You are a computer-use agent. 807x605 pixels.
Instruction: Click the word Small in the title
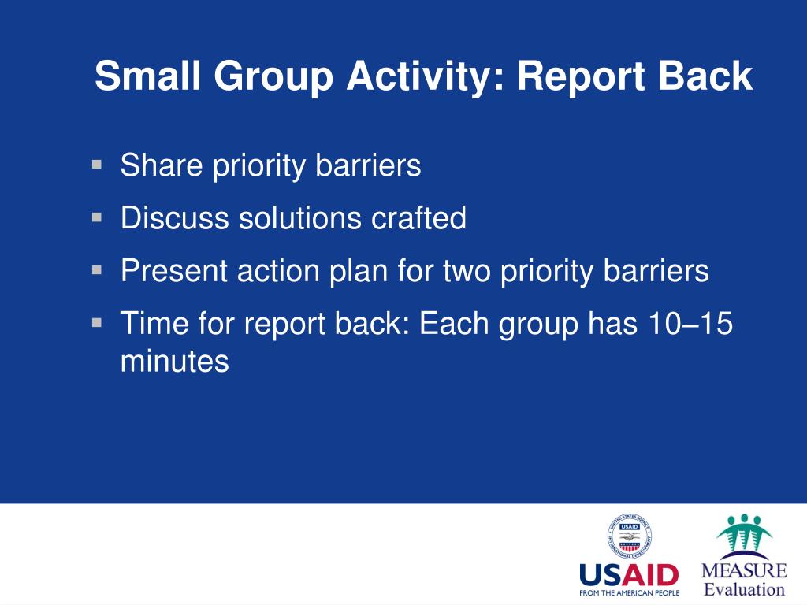tap(147, 76)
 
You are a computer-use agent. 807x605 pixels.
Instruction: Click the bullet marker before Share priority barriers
tap(97, 165)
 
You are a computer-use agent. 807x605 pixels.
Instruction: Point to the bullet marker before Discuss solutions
tap(97, 217)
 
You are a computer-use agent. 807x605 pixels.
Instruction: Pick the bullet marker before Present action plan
tap(97, 269)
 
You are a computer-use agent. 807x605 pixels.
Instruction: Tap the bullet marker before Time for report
tap(97, 322)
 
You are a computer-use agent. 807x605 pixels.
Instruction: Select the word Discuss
tap(174, 217)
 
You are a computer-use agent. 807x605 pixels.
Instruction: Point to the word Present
tap(174, 270)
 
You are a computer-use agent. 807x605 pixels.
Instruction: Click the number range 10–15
tap(690, 323)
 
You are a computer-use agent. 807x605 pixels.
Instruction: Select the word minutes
tap(174, 361)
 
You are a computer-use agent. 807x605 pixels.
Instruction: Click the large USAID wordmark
tap(629, 574)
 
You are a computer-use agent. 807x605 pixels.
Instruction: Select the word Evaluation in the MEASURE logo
tap(744, 589)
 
